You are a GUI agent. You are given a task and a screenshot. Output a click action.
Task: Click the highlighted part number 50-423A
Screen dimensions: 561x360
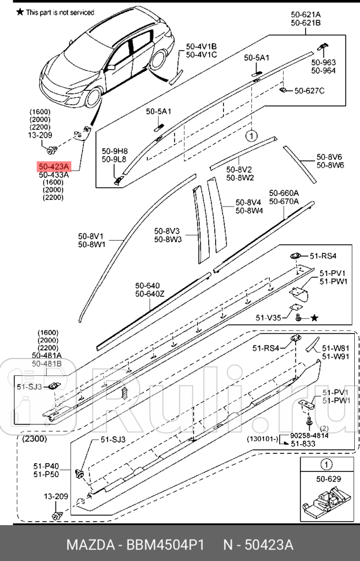54,165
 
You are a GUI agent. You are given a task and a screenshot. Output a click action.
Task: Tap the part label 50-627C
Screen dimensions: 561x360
309,90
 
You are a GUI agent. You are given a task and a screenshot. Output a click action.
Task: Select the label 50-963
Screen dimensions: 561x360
323,62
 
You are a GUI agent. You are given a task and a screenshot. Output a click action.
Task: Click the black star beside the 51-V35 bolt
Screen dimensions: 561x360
314,318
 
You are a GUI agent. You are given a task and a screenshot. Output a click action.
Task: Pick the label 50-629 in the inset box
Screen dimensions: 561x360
328,479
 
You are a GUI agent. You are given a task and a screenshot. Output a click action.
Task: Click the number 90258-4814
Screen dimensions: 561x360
309,435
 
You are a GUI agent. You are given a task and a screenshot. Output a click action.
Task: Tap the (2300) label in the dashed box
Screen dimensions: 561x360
36,440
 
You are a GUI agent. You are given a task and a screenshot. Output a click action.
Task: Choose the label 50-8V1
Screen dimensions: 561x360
92,236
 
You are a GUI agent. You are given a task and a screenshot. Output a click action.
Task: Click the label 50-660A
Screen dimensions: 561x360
284,193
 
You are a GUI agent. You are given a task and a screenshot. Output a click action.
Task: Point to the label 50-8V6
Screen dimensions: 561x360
329,157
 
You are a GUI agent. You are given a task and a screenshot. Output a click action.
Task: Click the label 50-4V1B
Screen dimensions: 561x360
201,46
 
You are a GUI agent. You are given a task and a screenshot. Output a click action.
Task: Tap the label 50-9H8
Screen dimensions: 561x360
114,152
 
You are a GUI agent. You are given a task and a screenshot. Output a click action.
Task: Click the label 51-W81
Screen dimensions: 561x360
335,348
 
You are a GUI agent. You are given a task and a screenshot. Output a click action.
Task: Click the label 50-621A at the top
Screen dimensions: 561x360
306,15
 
